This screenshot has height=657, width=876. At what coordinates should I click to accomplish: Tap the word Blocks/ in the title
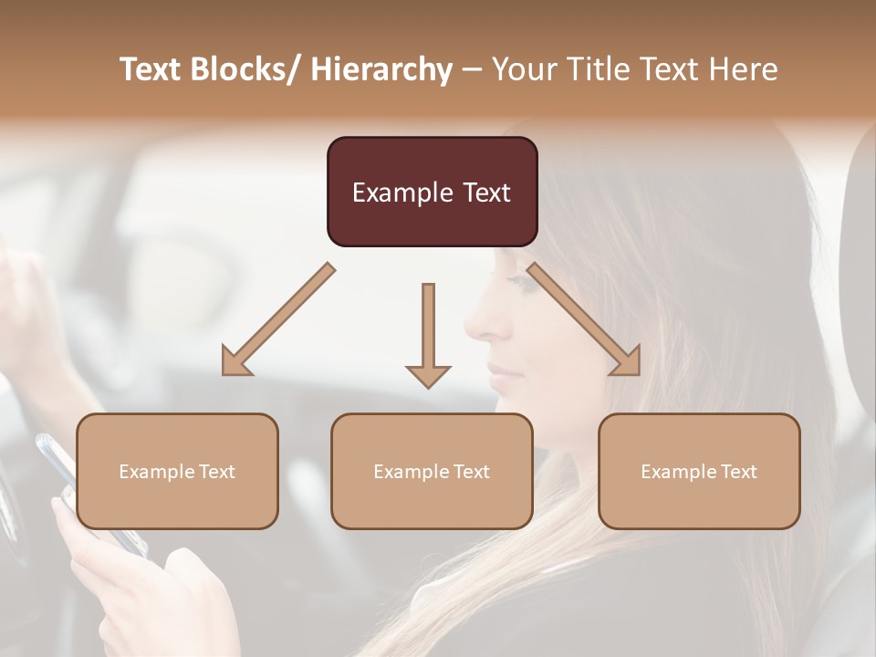tap(245, 70)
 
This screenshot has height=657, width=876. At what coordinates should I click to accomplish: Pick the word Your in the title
tap(526, 70)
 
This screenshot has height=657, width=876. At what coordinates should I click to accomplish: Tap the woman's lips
tap(498, 373)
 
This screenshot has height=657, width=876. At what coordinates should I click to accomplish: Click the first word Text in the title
tap(148, 70)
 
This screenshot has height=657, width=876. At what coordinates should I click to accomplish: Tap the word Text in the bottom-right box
tap(737, 472)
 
